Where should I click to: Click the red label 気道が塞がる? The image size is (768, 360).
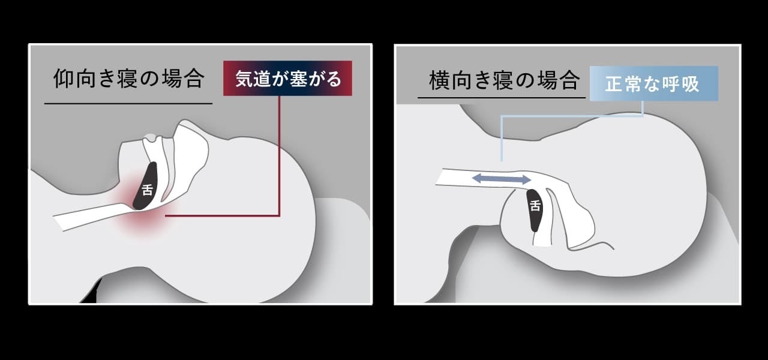287,78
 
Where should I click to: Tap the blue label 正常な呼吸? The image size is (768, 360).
654,83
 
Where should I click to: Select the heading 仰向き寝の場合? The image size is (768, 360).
129,79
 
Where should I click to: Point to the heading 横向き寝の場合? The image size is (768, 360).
504,80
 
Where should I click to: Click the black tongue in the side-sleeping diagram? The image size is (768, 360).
535,209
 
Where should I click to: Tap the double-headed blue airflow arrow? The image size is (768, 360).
502,179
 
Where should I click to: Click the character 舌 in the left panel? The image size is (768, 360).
147,190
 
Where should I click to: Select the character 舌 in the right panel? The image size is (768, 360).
535,205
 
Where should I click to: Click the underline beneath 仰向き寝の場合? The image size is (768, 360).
128,103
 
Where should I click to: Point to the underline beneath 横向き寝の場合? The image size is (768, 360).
502,98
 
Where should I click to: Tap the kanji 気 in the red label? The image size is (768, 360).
244,79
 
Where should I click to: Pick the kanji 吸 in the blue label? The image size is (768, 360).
690,83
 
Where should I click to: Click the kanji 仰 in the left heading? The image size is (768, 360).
64,79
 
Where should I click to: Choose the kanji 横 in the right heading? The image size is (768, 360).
439,80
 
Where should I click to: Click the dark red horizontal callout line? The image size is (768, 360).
223,215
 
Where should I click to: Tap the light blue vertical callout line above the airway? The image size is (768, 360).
502,138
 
